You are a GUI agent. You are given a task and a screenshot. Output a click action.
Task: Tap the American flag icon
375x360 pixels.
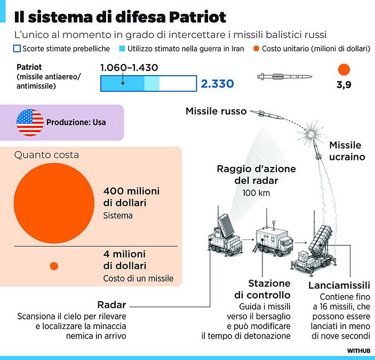30,122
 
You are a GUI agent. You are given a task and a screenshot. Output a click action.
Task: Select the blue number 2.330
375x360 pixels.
217,84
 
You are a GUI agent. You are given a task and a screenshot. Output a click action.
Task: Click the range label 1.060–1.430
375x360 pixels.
129,68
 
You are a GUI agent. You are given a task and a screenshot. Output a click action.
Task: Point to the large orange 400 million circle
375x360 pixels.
54,203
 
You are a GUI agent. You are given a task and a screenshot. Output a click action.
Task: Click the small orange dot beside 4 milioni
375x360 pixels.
54,266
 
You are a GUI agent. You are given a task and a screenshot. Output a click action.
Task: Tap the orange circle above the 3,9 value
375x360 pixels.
344,69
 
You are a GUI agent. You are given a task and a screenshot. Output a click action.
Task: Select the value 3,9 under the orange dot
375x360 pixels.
344,85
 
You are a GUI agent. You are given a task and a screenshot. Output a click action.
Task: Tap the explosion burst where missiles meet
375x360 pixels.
312,133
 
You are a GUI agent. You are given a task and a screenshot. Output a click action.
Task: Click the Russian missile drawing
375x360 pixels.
267,115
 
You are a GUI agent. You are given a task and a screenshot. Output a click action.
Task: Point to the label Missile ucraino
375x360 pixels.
347,151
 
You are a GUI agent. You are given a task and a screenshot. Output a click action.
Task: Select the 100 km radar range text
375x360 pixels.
256,193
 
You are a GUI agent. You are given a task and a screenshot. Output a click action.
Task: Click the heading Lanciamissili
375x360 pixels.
339,285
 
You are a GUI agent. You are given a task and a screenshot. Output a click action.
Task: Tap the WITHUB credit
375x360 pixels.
359,351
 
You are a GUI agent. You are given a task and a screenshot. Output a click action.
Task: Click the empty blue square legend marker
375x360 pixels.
17,49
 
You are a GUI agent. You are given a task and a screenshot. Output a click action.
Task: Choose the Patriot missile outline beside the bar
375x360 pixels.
285,76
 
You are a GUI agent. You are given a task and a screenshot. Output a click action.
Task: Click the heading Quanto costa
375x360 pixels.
46,155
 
